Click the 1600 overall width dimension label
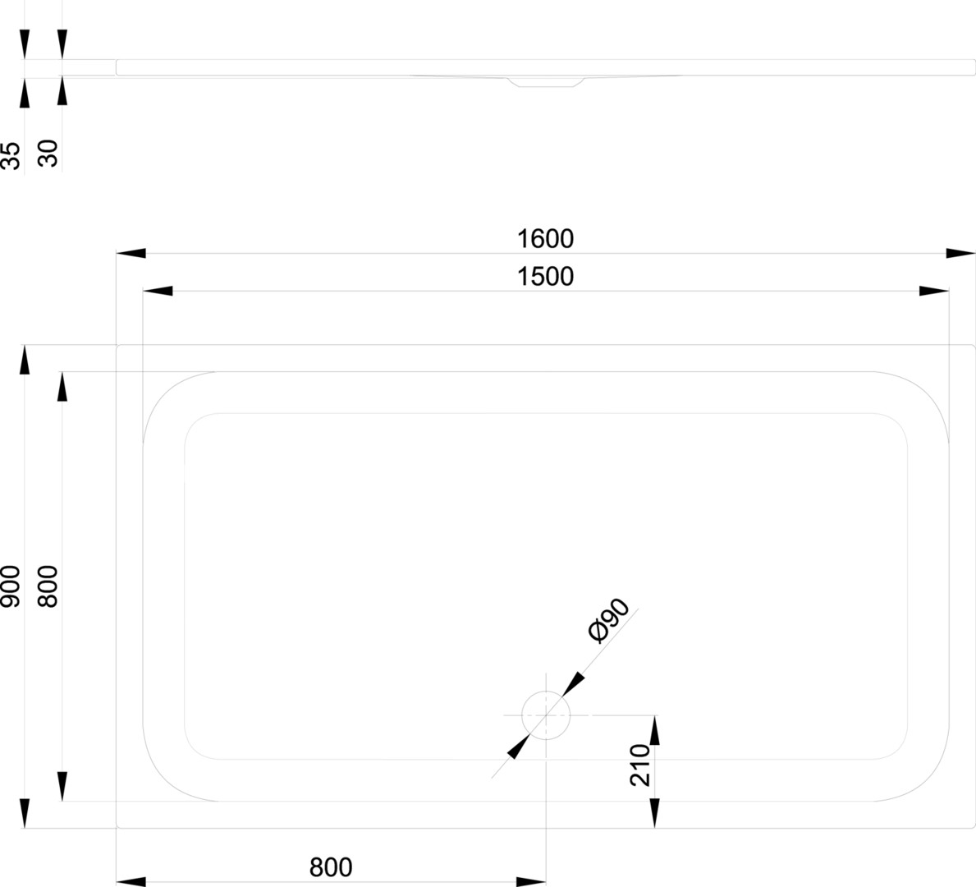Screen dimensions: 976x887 pyautogui.click(x=545, y=238)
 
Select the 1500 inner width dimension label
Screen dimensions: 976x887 pyautogui.click(x=545, y=277)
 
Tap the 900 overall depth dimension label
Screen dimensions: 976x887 pyautogui.click(x=11, y=586)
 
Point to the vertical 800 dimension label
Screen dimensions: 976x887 pyautogui.click(x=48, y=586)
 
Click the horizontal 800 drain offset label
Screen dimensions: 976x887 pyautogui.click(x=331, y=867)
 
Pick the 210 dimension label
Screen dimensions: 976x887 pyautogui.click(x=640, y=765)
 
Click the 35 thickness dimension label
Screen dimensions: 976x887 pyautogui.click(x=11, y=155)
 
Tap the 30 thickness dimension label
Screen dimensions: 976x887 pyautogui.click(x=48, y=154)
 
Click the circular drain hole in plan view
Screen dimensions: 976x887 pyautogui.click(x=546, y=715)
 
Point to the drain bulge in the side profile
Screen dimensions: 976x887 pyautogui.click(x=546, y=81)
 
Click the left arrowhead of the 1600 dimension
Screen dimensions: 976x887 pyautogui.click(x=131, y=253)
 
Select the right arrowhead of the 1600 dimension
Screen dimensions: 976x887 pyautogui.click(x=960, y=253)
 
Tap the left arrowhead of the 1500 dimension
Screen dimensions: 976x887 pyautogui.click(x=158, y=291)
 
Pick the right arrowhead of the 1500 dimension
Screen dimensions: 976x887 pyautogui.click(x=934, y=291)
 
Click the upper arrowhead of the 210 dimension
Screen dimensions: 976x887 pyautogui.click(x=655, y=730)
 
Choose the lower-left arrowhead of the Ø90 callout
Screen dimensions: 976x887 pyautogui.click(x=519, y=747)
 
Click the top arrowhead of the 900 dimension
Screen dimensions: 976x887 pyautogui.click(x=25, y=360)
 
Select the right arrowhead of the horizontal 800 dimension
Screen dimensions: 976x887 pyautogui.click(x=531, y=881)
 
